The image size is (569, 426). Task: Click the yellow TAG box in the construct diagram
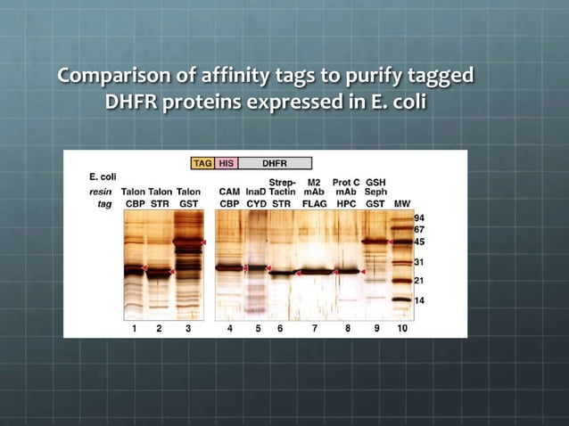point(202,164)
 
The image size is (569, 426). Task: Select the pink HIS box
point(227,164)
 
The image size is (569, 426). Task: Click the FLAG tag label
point(314,203)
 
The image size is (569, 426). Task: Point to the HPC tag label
point(345,203)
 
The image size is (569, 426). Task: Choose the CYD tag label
point(257,203)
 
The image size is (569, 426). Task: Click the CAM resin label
point(229,192)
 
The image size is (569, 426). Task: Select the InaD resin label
point(256,192)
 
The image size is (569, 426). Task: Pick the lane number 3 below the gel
point(187,329)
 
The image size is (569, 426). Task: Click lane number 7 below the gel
point(314,329)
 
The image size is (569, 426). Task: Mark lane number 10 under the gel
point(401,329)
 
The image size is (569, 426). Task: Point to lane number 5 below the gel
point(257,329)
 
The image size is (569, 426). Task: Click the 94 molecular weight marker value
point(420,217)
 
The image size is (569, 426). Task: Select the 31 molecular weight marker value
point(420,262)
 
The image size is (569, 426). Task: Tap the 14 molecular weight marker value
point(420,300)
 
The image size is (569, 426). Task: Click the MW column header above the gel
point(402,203)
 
